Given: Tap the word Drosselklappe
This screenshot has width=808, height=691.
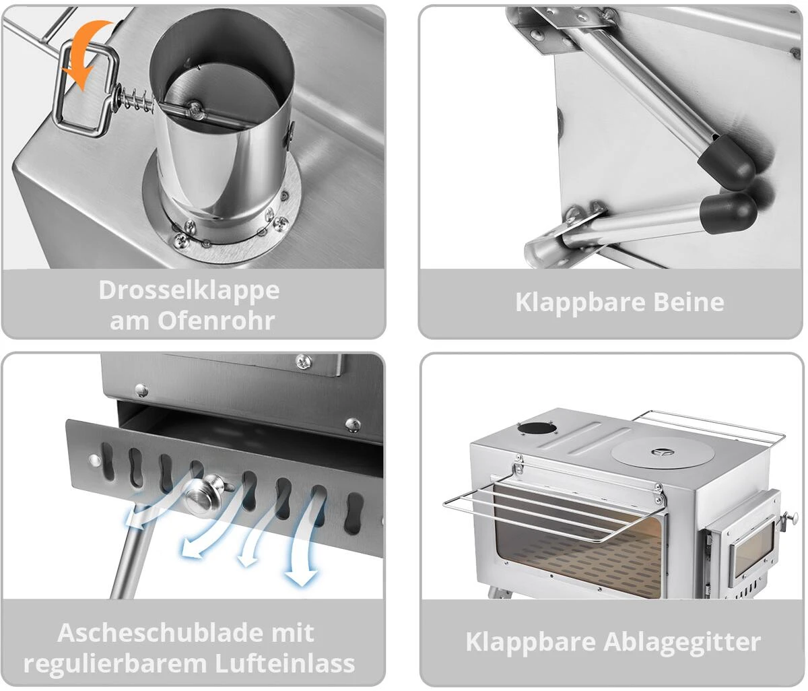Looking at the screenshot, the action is (x=189, y=290).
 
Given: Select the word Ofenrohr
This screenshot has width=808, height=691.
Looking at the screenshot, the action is (x=216, y=321).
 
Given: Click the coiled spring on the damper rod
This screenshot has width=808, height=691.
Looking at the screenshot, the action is (x=135, y=100).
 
